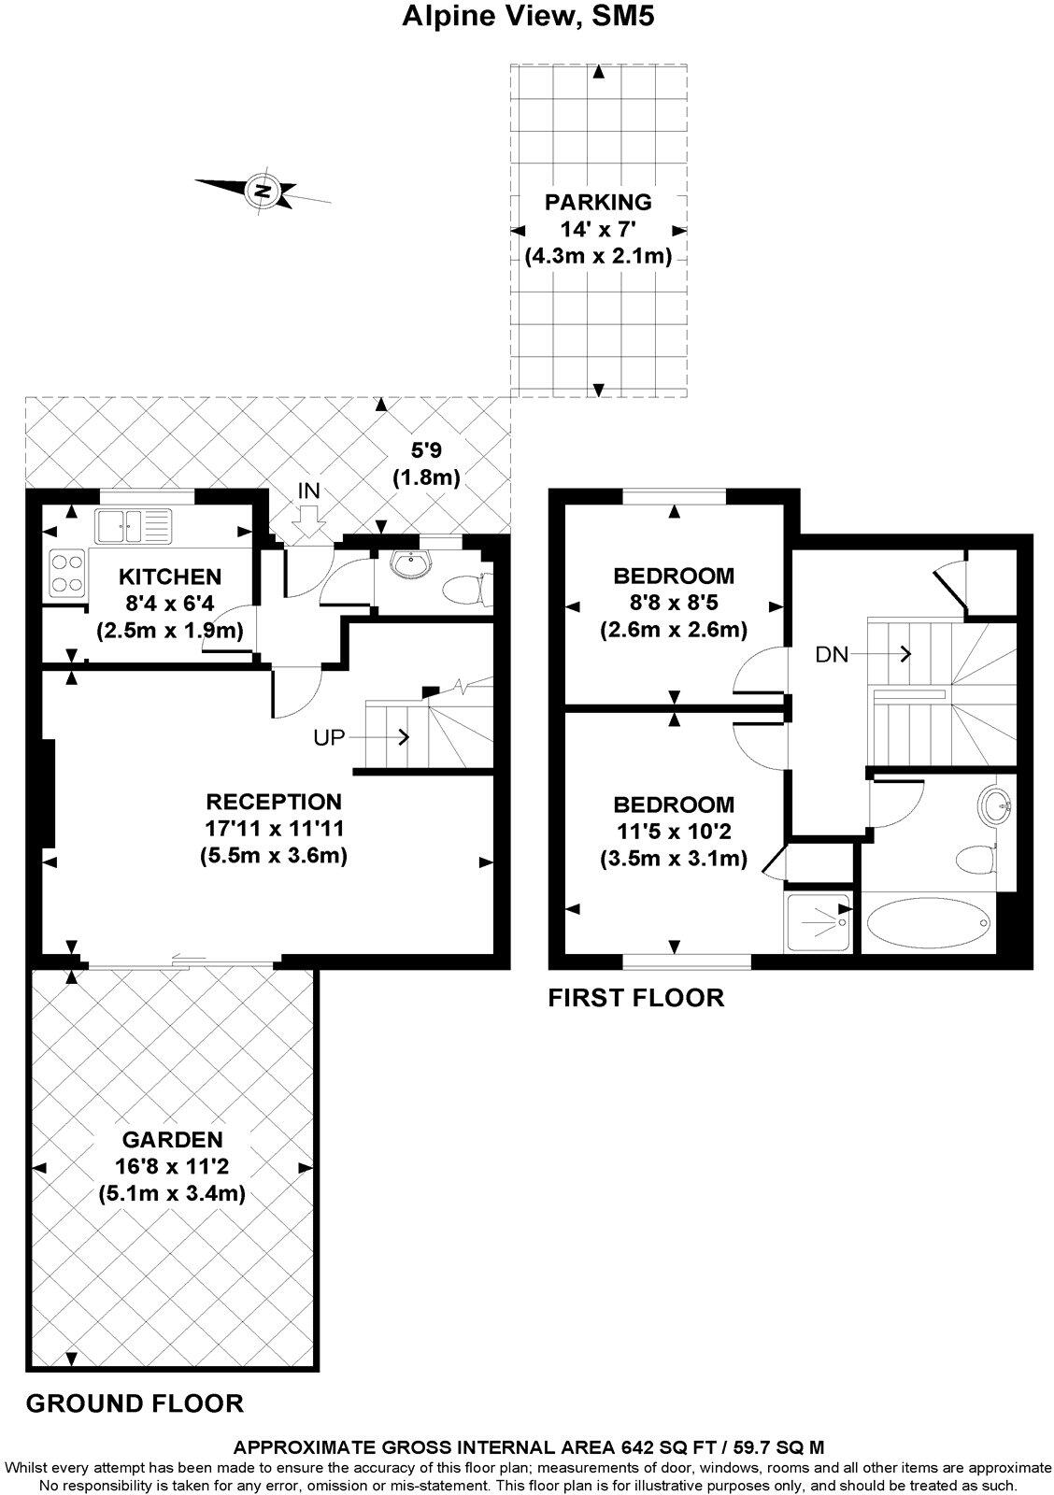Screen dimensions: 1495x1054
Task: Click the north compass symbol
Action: tap(263, 192)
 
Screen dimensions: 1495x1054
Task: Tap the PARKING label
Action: tap(598, 201)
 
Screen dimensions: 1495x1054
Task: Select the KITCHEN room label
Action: tap(169, 577)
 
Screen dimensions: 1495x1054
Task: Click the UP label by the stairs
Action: tap(328, 737)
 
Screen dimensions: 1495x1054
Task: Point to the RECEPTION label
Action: tap(273, 802)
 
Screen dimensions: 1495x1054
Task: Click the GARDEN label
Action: tap(172, 1140)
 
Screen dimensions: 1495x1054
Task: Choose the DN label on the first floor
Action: tap(832, 655)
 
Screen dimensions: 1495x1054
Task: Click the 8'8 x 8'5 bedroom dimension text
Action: tap(673, 603)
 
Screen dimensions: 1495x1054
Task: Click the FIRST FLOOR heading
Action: tap(635, 998)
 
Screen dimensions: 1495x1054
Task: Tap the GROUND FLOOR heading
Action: tap(135, 1403)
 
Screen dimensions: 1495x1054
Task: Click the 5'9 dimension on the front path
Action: tap(426, 450)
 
